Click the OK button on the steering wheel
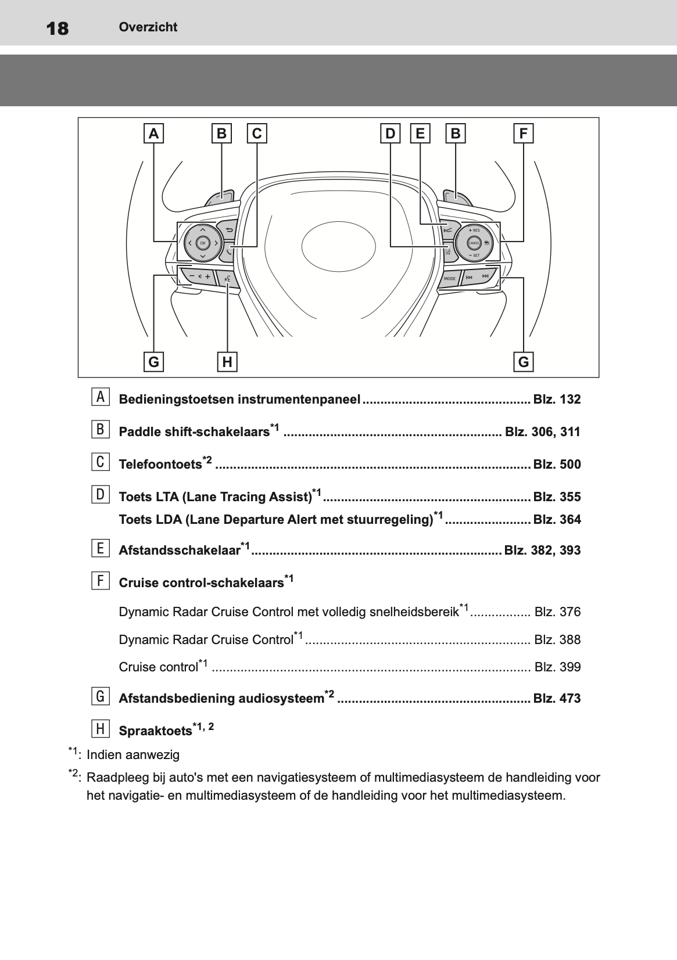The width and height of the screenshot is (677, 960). (x=202, y=243)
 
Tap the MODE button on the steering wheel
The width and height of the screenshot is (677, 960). (x=450, y=279)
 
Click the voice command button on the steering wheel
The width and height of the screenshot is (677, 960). (x=227, y=279)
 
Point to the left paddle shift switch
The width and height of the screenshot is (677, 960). (x=220, y=197)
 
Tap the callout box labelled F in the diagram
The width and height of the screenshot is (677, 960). (x=523, y=134)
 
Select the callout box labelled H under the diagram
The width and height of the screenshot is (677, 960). (x=227, y=362)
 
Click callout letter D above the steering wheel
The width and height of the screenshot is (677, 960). (x=390, y=134)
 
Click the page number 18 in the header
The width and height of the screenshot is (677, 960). (x=57, y=28)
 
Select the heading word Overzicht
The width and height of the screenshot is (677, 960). (x=148, y=27)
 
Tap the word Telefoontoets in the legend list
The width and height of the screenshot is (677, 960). (x=160, y=465)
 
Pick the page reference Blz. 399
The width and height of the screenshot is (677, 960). (x=557, y=667)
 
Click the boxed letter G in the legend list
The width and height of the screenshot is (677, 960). (x=100, y=696)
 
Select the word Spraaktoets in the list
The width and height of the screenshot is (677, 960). (x=155, y=731)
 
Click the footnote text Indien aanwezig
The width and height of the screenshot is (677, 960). (x=133, y=755)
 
